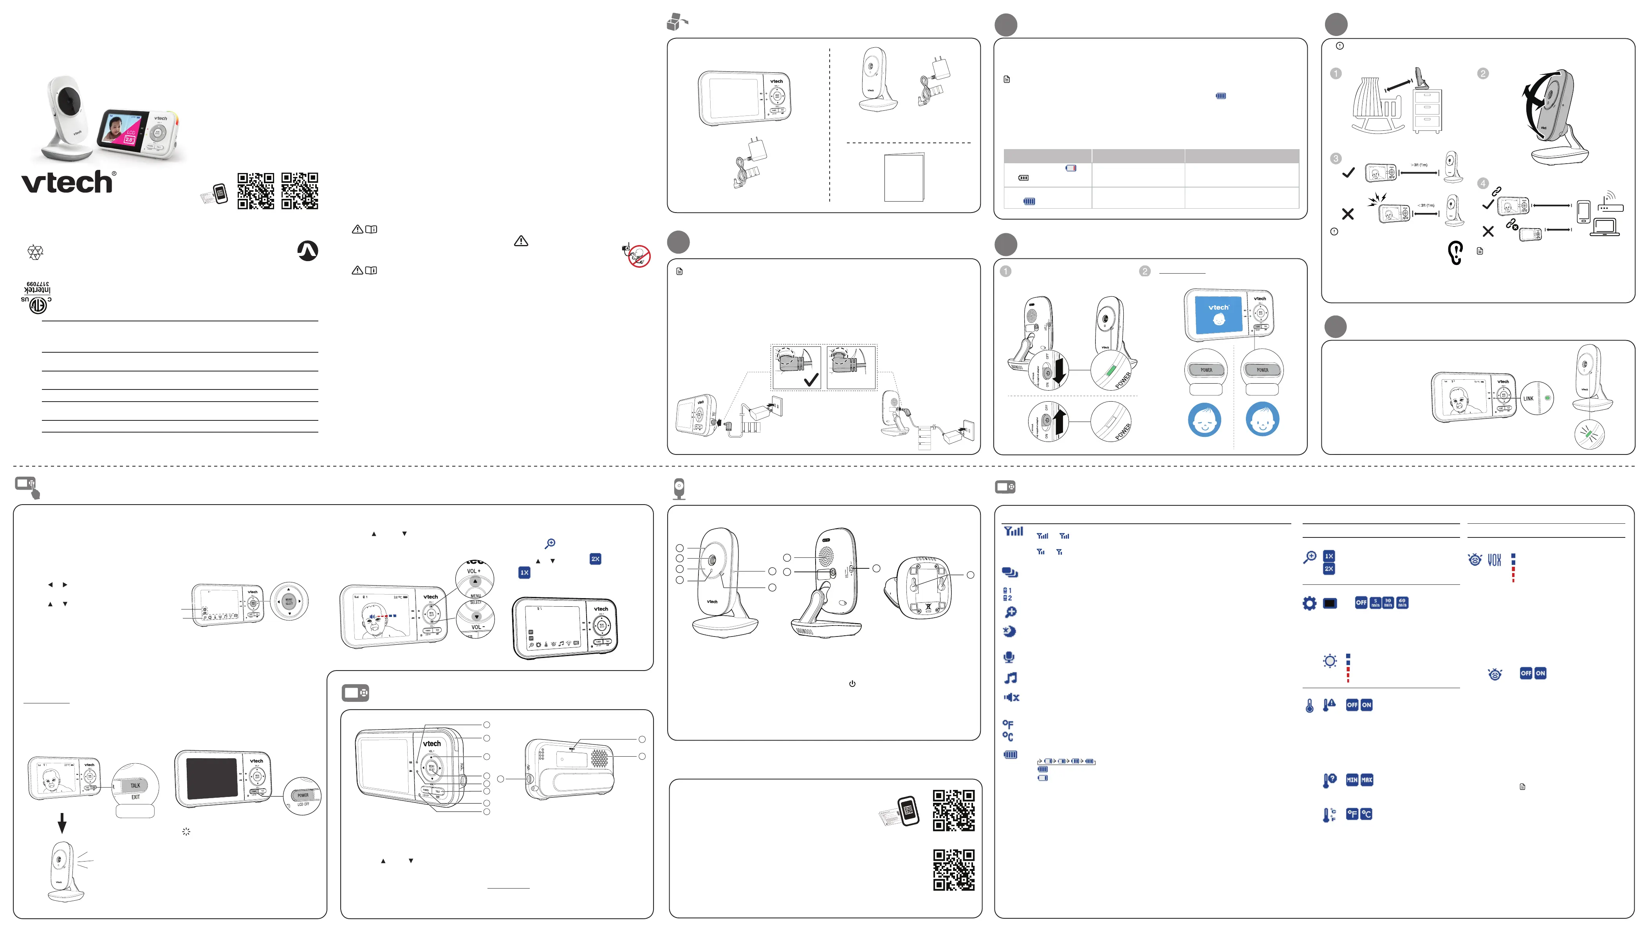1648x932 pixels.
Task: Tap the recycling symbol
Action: pos(35,252)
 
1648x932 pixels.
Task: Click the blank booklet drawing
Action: pos(903,177)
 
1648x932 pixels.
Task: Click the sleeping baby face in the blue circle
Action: pos(1204,420)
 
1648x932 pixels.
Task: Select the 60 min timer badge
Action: pos(1402,603)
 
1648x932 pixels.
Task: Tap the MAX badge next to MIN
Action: pos(1366,780)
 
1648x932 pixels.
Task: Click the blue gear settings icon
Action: pos(1309,603)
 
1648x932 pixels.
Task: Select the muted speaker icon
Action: pos(1011,698)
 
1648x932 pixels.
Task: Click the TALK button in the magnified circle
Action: pos(135,786)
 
